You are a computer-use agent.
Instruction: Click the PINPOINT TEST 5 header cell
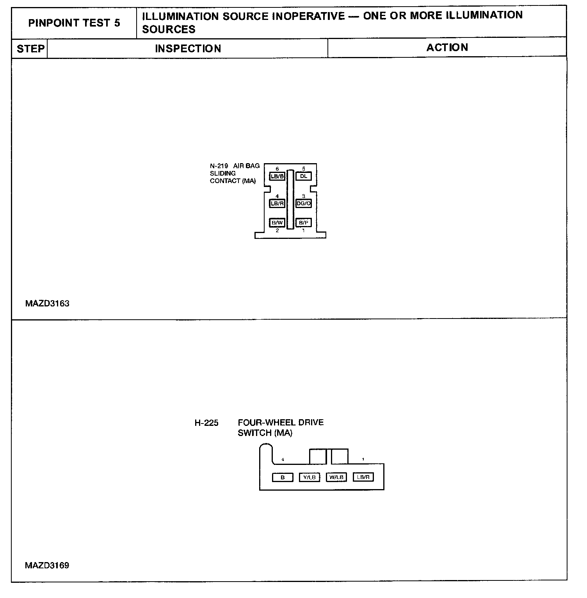(74, 23)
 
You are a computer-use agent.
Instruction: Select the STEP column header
(30, 49)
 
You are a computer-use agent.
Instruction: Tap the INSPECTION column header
(188, 49)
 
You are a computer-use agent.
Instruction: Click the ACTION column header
(447, 48)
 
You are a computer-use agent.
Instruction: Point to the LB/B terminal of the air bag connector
(277, 176)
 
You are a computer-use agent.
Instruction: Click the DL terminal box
(304, 176)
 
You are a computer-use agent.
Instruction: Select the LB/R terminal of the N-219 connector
(277, 203)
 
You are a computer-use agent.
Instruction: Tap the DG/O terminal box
(304, 203)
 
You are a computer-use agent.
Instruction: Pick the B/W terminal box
(277, 222)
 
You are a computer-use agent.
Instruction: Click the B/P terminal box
(303, 222)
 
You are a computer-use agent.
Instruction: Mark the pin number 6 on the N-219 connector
(277, 169)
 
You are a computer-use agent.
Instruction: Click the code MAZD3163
(47, 304)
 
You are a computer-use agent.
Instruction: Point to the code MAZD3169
(47, 565)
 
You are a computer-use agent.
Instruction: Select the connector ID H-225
(206, 423)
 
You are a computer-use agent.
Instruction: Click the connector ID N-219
(219, 166)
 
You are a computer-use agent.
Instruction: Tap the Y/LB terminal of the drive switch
(310, 477)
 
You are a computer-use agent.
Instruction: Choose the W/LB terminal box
(336, 477)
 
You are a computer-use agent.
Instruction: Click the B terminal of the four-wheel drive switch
(283, 477)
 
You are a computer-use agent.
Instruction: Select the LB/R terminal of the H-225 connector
(363, 477)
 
